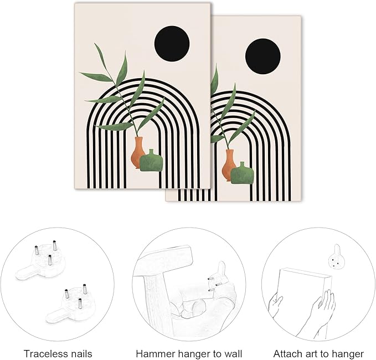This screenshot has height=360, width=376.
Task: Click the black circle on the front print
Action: click(x=172, y=43)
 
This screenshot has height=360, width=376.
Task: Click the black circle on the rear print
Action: click(x=263, y=56)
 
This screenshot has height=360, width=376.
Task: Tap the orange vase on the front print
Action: click(x=137, y=152)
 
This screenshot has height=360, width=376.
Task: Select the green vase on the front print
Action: click(x=151, y=161)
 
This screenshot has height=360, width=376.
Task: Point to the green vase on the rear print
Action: click(x=242, y=173)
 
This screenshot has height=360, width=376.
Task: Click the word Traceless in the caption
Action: click(x=45, y=354)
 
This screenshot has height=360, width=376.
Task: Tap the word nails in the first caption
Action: click(x=80, y=354)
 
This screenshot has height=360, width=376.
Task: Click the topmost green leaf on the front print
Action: click(x=101, y=54)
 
